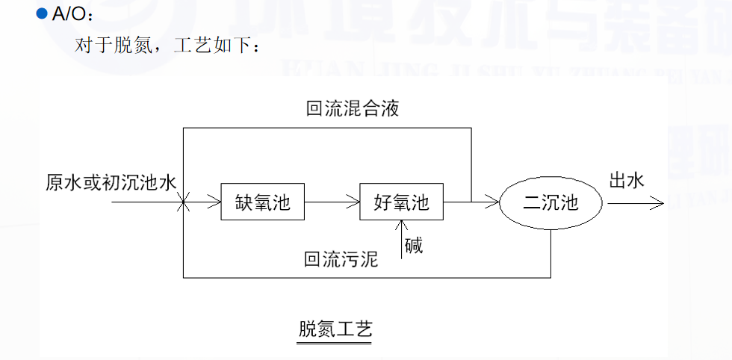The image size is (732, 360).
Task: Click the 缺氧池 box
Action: click(x=263, y=202)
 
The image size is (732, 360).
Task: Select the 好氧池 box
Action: click(x=402, y=202)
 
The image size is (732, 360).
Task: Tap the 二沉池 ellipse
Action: click(x=550, y=202)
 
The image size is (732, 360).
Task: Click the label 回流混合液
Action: click(x=353, y=109)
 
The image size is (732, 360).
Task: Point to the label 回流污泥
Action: click(x=341, y=260)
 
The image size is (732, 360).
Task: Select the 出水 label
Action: click(x=627, y=181)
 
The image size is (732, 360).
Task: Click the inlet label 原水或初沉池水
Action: click(x=111, y=182)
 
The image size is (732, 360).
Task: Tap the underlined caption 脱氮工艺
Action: click(x=335, y=329)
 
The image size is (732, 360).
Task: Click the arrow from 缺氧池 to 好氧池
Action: click(x=332, y=202)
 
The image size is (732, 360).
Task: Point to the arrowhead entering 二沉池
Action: click(x=493, y=202)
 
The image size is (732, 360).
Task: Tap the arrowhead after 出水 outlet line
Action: click(x=657, y=202)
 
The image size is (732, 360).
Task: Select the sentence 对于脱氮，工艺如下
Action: click(x=167, y=46)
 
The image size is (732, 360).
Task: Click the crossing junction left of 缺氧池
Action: click(x=183, y=202)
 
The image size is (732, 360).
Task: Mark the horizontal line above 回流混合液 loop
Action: click(x=327, y=128)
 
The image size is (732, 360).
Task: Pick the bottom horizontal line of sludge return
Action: click(x=366, y=278)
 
